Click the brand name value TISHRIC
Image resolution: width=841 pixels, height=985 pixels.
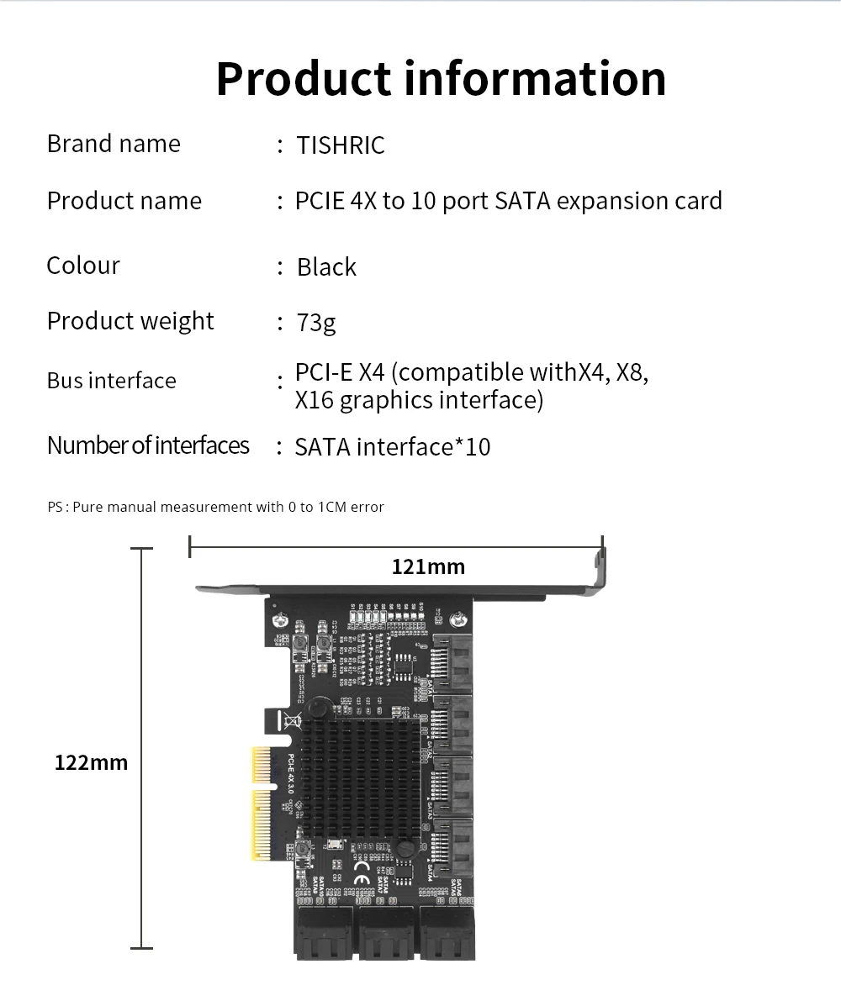point(340,145)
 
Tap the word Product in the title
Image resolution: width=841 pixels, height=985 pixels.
point(304,78)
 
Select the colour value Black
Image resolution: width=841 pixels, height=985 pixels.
point(326,267)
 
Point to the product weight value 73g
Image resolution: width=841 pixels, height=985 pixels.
point(316,322)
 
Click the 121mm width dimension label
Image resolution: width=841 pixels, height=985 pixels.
point(428,567)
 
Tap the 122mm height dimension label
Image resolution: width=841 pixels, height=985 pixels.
point(91,763)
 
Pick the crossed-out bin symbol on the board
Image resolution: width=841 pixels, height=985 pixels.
point(291,720)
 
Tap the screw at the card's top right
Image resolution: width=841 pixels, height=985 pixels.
point(457,620)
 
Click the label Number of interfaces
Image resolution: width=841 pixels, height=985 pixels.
point(148,445)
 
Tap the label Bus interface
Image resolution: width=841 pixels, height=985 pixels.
point(112,381)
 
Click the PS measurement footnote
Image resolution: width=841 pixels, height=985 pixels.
point(215,507)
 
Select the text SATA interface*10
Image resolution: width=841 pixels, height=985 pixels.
point(392,447)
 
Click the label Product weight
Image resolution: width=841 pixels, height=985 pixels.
point(130,321)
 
